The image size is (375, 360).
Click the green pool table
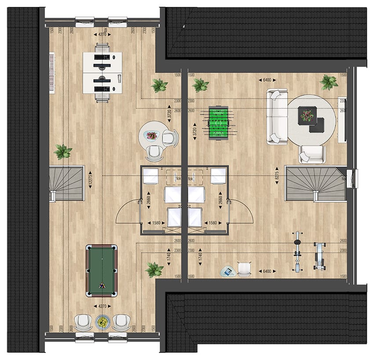[102, 269]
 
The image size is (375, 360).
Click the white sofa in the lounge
[276, 116]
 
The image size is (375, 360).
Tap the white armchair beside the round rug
[312, 155]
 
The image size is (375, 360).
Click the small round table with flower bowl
[151, 136]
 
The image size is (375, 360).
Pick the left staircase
[67, 183]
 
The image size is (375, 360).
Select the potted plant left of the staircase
[63, 152]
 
